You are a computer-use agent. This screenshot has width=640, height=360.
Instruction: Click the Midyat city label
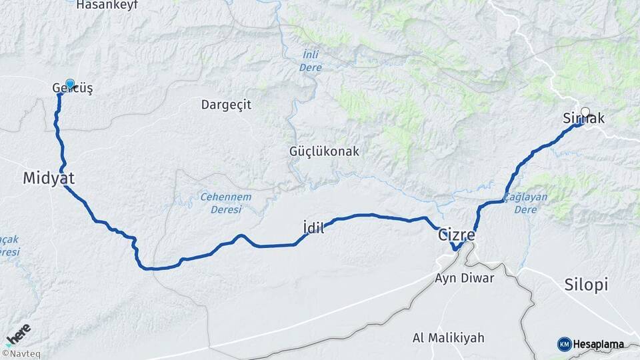point(49,178)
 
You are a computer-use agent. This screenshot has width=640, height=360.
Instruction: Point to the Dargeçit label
point(226,105)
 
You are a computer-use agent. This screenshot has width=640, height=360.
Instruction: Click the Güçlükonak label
point(324,151)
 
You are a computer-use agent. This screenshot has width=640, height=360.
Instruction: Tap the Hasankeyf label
point(107,5)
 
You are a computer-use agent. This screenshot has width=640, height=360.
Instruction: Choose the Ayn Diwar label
point(464,278)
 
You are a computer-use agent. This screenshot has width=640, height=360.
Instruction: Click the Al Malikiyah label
point(457,337)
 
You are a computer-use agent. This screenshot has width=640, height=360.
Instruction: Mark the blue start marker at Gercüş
point(70,84)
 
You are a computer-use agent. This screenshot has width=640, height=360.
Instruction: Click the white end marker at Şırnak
point(585,112)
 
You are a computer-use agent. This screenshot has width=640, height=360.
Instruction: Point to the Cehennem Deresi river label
point(227,203)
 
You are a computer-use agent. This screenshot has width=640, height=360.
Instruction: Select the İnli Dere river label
point(310,61)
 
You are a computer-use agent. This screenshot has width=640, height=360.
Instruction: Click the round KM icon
point(564,344)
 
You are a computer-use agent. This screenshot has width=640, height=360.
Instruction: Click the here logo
point(18,333)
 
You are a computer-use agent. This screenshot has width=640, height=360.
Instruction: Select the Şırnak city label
point(584,119)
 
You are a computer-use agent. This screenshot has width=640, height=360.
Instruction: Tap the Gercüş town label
point(72,89)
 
